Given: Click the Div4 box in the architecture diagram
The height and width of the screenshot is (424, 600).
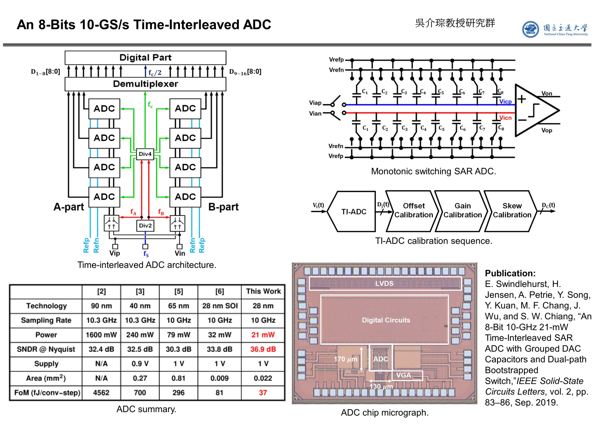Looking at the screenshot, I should [145, 154].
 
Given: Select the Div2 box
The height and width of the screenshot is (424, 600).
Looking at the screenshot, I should [145, 226].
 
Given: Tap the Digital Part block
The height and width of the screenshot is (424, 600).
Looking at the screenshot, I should [145, 57].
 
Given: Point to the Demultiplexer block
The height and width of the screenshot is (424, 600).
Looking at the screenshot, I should [145, 84].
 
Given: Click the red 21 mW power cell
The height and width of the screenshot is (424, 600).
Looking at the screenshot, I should [263, 335].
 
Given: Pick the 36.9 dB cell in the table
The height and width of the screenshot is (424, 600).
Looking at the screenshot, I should [263, 349].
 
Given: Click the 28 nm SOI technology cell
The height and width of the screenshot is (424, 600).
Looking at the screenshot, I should [220, 306].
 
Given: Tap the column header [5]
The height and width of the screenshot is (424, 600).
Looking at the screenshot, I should [179, 291].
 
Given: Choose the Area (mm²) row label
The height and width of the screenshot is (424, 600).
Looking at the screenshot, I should [46, 378].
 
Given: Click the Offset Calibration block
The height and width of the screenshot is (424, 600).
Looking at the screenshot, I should [413, 210].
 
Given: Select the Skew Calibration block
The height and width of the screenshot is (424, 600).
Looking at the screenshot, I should [512, 210].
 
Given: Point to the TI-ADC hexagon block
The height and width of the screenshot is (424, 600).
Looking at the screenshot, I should [354, 212].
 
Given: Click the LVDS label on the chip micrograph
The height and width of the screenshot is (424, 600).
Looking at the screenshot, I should [384, 283].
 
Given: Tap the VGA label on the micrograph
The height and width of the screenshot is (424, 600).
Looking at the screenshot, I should [404, 375].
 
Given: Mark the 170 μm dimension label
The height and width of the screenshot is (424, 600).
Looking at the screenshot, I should [345, 359].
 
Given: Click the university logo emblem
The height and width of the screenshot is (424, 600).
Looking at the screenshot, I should [530, 30].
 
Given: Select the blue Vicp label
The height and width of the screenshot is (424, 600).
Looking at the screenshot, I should [505, 102].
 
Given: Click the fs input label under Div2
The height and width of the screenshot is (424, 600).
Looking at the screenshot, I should [146, 254].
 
